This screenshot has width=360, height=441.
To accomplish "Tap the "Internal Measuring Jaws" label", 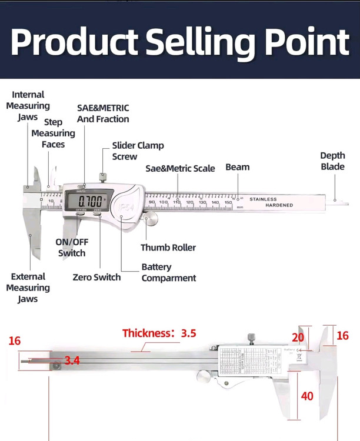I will (x=28, y=106).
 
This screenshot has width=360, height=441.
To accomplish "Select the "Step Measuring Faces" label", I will (x=53, y=133).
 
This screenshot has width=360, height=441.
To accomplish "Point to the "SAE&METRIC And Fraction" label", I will (x=103, y=113).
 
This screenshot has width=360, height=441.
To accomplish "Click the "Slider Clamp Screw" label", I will (x=138, y=151).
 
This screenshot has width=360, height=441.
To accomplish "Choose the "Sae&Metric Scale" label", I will (x=180, y=169).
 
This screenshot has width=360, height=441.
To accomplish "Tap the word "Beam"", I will (x=237, y=168).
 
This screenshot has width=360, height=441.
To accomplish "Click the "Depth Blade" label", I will (x=332, y=161).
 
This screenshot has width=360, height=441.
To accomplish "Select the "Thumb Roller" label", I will (x=168, y=248).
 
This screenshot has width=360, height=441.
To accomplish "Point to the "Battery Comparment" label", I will (x=168, y=272).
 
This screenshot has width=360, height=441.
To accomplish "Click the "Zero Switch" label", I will (x=96, y=277).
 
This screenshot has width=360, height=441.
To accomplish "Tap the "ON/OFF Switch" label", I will (x=71, y=248).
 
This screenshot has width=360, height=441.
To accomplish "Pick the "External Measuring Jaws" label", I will (x=28, y=288).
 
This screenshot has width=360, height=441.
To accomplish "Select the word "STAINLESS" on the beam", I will (x=262, y=199).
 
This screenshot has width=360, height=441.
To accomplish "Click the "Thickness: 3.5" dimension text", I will (x=159, y=333).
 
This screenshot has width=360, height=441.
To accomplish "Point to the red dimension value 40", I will (x=307, y=396).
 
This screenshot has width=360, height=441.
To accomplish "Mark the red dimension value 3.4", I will (x=72, y=360).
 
